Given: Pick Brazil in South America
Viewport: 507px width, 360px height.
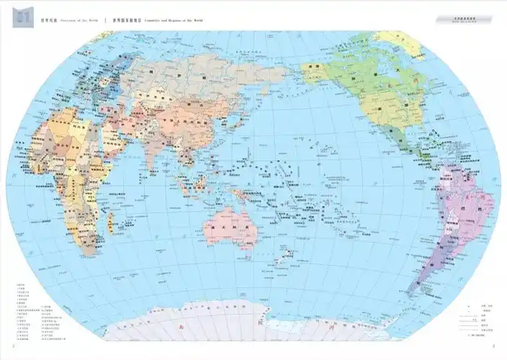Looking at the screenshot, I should click(x=469, y=205).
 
